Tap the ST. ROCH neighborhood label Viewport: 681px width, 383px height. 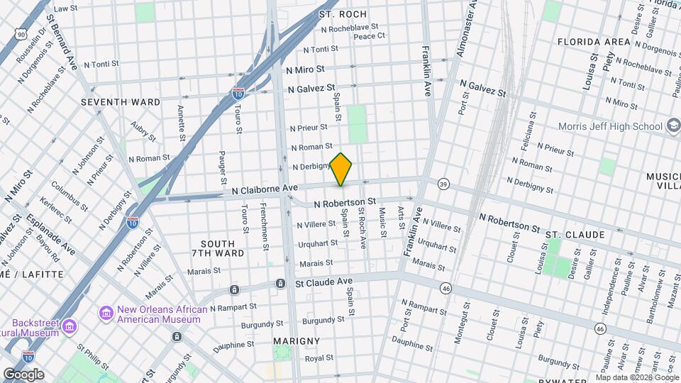pos(343,14)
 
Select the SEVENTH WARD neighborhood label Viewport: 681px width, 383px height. pos(121,102)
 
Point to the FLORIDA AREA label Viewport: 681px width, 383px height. pos(594,42)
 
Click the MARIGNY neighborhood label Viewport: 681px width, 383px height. pos(297,341)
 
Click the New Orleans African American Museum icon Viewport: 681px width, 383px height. pos(106,313)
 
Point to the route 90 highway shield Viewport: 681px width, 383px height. pos(21,33)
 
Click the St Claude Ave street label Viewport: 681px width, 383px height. pos(323,282)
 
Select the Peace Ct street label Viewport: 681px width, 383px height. pos(369,35)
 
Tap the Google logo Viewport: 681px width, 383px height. pos(23,374)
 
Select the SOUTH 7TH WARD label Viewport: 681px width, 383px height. pos(218,248)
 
